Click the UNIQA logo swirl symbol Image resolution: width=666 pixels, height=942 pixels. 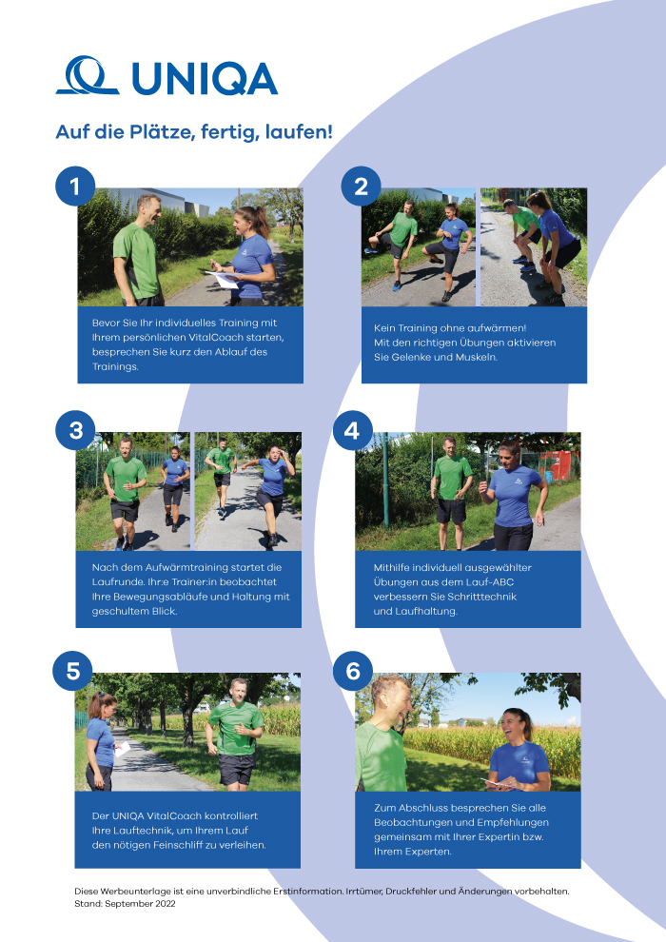[88, 76]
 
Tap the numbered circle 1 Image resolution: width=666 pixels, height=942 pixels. [75, 186]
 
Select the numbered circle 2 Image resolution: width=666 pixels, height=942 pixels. [361, 186]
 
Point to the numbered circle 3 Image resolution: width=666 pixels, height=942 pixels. [75, 431]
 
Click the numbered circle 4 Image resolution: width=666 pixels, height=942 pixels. [353, 431]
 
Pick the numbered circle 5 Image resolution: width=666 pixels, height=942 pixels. [72, 671]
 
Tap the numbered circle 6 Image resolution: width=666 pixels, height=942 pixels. [353, 671]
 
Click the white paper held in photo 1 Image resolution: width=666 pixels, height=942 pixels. [221, 280]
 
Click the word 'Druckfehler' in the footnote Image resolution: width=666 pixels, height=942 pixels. [414, 892]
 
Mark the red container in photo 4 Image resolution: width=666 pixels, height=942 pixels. [559, 464]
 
